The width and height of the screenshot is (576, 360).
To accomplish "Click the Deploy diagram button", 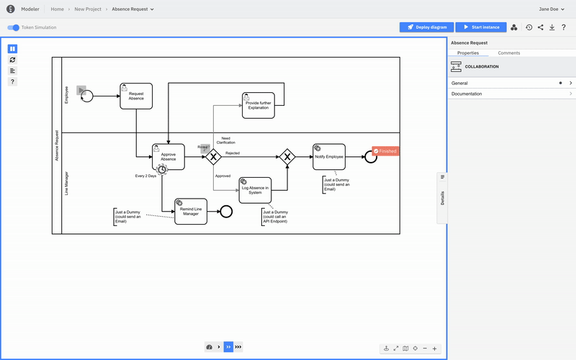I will (x=426, y=27).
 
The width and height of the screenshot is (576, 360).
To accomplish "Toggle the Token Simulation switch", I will (x=14, y=27).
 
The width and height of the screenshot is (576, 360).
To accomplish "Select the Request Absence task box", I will (x=136, y=96).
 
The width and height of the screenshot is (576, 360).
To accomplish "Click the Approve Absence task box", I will (x=168, y=156).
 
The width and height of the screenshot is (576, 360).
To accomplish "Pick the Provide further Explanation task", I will (x=257, y=104).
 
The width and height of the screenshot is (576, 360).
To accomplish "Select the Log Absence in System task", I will (x=255, y=190).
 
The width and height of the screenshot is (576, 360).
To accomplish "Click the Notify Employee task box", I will (x=329, y=156).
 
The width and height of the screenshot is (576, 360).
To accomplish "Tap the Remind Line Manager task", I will (x=190, y=211).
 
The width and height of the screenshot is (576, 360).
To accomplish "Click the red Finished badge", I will (x=384, y=151).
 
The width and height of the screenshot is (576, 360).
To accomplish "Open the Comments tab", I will (x=509, y=53).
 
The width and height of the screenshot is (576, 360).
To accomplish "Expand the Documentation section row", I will (x=511, y=94).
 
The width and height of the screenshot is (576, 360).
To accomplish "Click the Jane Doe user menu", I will (x=553, y=9).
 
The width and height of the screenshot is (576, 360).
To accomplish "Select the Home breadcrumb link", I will (x=57, y=9).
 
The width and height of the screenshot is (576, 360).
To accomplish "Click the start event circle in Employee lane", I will (x=87, y=96).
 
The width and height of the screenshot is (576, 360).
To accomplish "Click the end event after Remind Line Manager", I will (x=226, y=211).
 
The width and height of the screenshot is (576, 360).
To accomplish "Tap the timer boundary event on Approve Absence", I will (x=162, y=168).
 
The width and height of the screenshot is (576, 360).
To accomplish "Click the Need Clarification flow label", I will (x=225, y=140).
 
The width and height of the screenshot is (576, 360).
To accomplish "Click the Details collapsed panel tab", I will (x=442, y=198).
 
